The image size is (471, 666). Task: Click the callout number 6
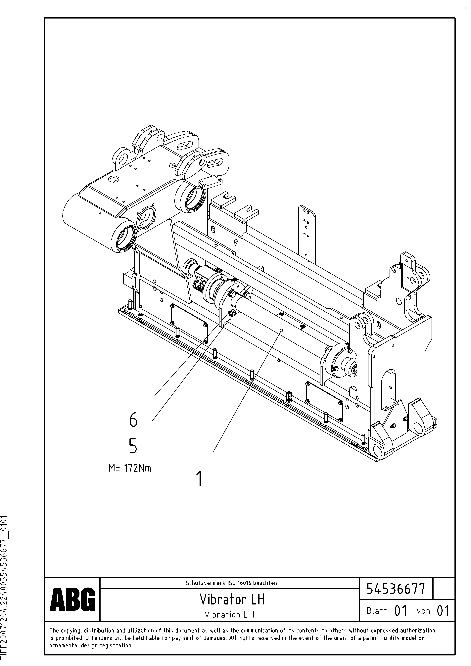click(x=133, y=420)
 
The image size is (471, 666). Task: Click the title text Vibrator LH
click(x=232, y=599)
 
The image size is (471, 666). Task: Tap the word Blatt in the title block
click(x=377, y=611)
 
